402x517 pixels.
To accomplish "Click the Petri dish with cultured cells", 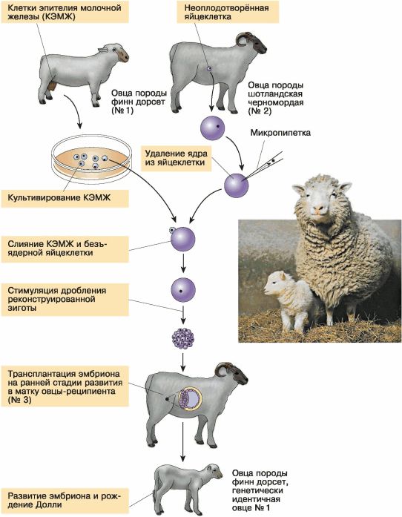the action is click(x=92, y=160).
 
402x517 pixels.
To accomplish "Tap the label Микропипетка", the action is click(x=280, y=133).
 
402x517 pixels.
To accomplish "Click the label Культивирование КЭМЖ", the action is click(x=59, y=197).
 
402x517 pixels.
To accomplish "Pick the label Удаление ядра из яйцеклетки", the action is click(x=176, y=157).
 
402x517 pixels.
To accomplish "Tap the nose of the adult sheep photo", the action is click(x=319, y=209).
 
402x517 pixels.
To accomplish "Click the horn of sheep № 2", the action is click(x=243, y=38).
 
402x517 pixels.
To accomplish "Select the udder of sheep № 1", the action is click(x=51, y=86).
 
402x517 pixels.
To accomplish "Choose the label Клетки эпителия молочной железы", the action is click(x=65, y=12).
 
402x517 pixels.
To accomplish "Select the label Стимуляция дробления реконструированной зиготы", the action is click(x=56, y=299).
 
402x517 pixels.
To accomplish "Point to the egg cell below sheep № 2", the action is click(x=213, y=128).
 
